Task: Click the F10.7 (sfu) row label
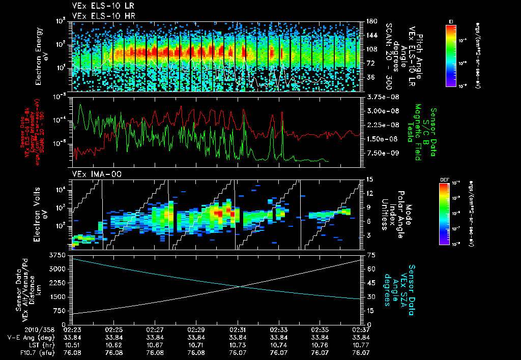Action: click(x=36, y=351)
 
